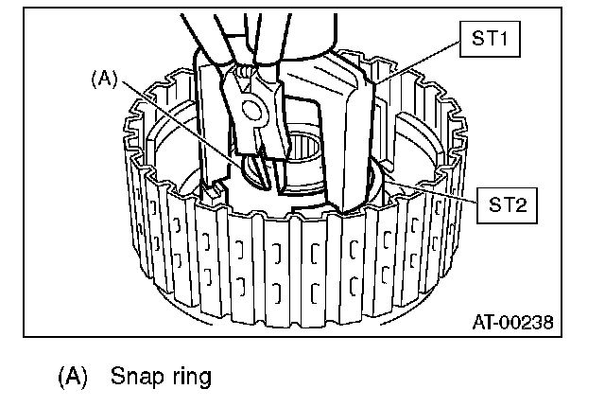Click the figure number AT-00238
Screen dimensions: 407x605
(x=512, y=321)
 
